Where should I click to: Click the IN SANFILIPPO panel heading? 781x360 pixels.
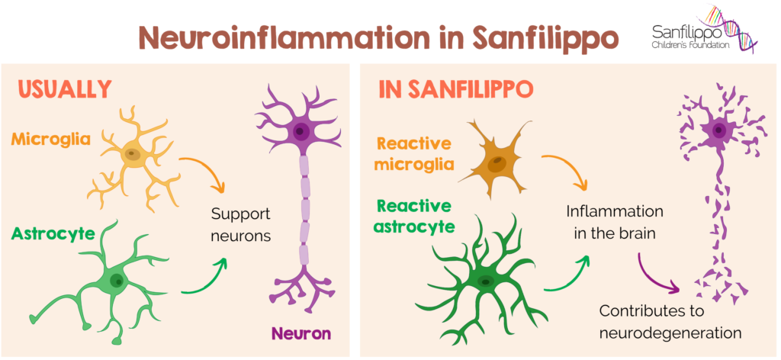pos(455,88)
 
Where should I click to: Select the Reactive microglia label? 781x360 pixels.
pos(415,154)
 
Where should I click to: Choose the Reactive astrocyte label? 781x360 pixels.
pos(415,216)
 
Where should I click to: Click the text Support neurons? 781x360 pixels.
pos(241,224)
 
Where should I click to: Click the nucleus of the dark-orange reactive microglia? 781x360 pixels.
pos(497,162)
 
